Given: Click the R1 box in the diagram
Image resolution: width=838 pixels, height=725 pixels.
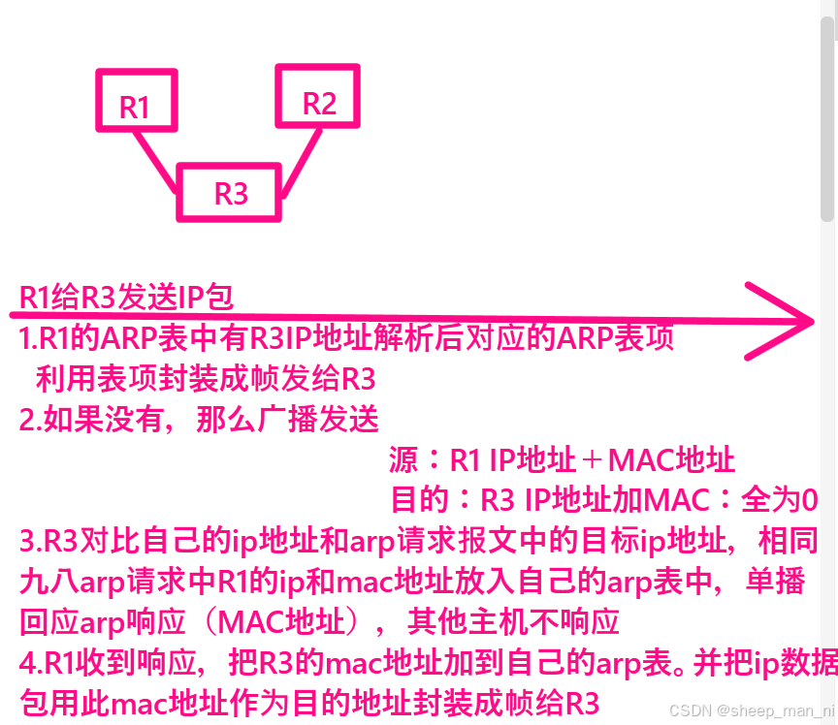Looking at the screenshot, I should pos(136,101).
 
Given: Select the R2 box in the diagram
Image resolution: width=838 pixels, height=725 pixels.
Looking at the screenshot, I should pos(318,96).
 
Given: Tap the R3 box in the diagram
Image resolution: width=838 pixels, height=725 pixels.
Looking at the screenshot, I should pos(231,192).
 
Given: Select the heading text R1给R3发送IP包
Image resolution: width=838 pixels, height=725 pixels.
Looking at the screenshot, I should pos(126,299).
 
